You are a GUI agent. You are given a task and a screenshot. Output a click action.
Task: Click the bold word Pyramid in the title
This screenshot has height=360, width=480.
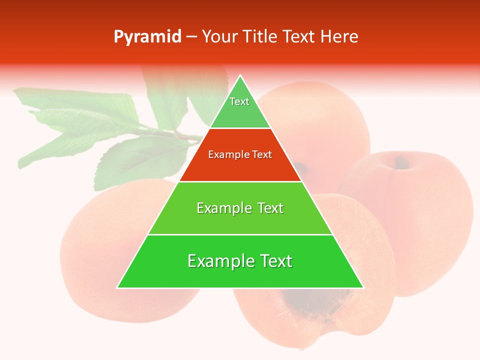[x=147, y=37]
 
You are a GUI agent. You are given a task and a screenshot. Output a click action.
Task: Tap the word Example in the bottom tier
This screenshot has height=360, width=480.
[x=219, y=261]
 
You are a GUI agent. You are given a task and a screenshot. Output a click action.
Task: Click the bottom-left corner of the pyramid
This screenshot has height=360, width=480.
[x=118, y=287]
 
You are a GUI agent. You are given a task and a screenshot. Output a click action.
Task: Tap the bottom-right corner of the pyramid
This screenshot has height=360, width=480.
[x=362, y=287]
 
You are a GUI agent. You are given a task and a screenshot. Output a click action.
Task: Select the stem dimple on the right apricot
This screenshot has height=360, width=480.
[x=400, y=162]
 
